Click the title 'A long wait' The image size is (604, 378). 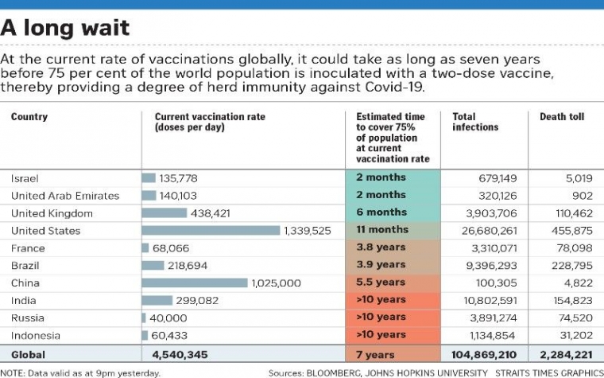(x=65, y=29)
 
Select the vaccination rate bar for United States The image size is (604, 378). (x=211, y=231)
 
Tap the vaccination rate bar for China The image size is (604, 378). (x=195, y=283)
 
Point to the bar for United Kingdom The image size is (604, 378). (x=164, y=213)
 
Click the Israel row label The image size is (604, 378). (x=25, y=178)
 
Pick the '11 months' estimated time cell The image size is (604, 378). (x=381, y=230)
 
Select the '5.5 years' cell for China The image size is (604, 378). (x=381, y=283)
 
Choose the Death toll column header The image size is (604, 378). (x=562, y=117)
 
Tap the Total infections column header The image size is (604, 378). (x=475, y=122)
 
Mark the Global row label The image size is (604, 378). (x=29, y=355)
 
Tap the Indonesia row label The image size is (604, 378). (x=35, y=335)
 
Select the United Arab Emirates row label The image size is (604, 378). (x=65, y=196)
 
